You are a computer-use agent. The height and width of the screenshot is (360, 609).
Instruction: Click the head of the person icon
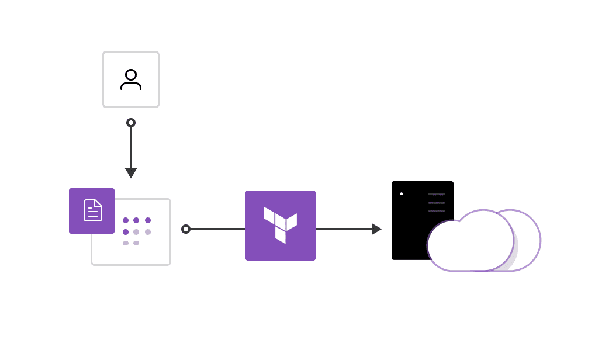coord(131,75)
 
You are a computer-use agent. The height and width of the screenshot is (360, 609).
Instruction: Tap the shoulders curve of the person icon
coord(131,85)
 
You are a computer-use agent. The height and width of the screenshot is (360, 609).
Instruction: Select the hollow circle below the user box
coord(131,123)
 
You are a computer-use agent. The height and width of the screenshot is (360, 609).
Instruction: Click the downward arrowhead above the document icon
coord(131,173)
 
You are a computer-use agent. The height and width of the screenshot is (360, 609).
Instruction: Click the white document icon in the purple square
coord(93,210)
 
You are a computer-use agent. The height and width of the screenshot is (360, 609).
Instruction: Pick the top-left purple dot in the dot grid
coord(126,220)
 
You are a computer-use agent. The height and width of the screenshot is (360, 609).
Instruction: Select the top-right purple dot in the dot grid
coord(148,220)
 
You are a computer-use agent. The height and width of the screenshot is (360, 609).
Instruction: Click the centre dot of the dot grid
coord(136,232)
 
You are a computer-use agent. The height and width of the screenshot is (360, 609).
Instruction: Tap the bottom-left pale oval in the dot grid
coord(126,243)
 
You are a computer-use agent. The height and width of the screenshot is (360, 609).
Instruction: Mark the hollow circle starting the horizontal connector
coord(186,229)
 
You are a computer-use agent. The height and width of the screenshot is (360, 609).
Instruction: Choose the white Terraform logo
coord(280,224)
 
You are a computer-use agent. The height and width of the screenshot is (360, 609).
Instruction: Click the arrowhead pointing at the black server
coord(376,229)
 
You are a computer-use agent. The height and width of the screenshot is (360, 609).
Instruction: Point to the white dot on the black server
coord(402,194)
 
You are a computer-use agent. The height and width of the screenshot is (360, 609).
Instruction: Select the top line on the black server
coord(437,194)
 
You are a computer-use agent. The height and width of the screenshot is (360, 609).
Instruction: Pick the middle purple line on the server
coord(437,203)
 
